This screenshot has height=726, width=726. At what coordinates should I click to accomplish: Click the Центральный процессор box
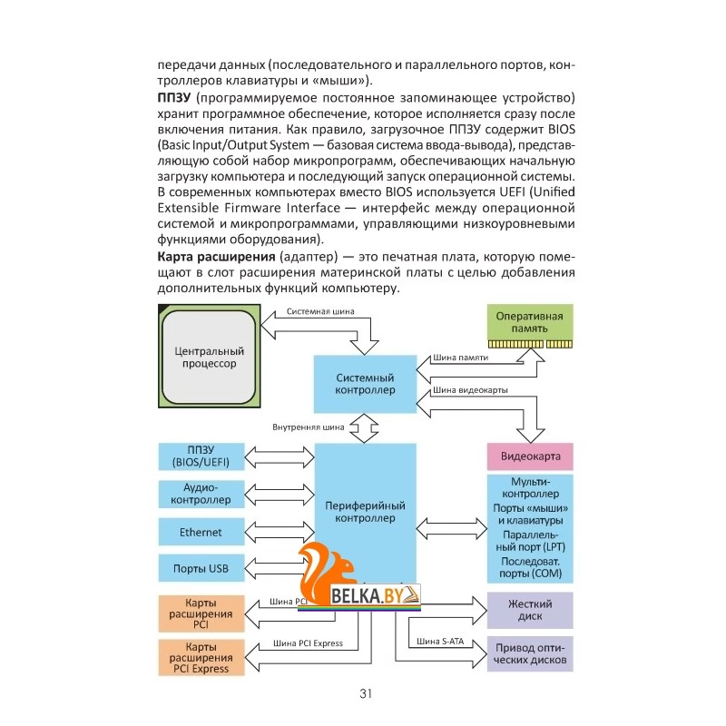pyautogui.click(x=210, y=356)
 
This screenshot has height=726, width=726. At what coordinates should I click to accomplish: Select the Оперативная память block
pyautogui.click(x=530, y=326)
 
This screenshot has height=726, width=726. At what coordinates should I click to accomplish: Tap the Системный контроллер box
pyautogui.click(x=366, y=384)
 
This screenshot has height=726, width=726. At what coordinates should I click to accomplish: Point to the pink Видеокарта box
pyautogui.click(x=530, y=456)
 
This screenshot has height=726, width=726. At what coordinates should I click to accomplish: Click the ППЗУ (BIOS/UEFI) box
pyautogui.click(x=201, y=456)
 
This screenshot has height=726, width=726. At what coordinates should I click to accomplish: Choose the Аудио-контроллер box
pyautogui.click(x=201, y=494)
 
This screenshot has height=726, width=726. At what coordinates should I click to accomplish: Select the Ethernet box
pyautogui.click(x=201, y=532)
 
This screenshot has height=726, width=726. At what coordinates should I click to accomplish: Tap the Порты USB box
pyautogui.click(x=201, y=568)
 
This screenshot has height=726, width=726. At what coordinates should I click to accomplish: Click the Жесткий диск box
pyautogui.click(x=530, y=610)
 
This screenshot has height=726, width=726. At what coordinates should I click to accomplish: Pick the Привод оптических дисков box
pyautogui.click(x=530, y=653)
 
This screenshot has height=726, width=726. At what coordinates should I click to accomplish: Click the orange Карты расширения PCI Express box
pyautogui.click(x=201, y=658)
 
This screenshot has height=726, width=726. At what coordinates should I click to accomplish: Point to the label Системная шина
pyautogui.click(x=320, y=311)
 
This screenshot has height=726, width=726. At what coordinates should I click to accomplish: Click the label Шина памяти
pyautogui.click(x=460, y=358)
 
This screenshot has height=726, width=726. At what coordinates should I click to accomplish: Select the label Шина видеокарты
pyautogui.click(x=470, y=390)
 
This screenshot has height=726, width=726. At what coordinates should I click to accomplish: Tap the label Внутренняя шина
pyautogui.click(x=309, y=427)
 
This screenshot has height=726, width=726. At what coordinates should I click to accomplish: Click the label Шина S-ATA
pyautogui.click(x=440, y=642)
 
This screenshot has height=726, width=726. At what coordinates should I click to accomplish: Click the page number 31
pyautogui.click(x=366, y=693)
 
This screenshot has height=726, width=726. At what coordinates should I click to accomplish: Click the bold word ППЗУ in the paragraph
pyautogui.click(x=174, y=98)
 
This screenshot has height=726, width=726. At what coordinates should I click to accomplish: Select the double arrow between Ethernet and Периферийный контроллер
pyautogui.click(x=280, y=532)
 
